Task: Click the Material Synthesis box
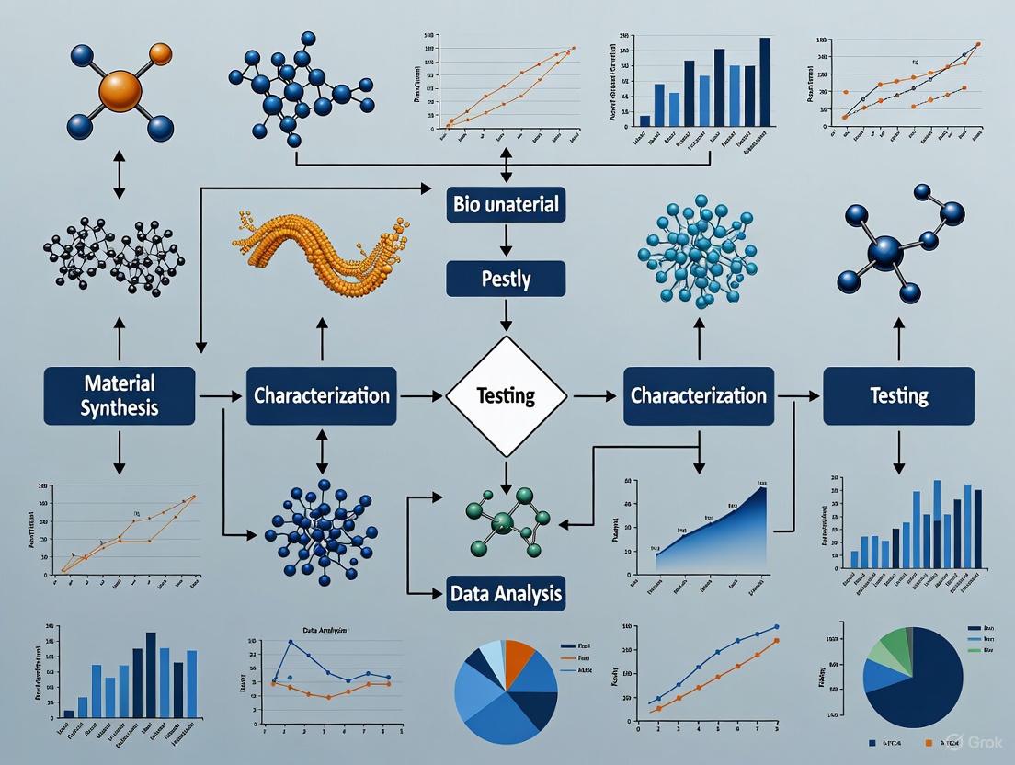(x=120, y=395)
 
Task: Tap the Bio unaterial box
(x=506, y=204)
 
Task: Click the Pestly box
(x=506, y=279)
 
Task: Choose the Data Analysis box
(x=506, y=594)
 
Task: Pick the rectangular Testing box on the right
(x=898, y=395)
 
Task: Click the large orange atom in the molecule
(x=119, y=91)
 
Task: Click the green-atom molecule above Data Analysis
(x=505, y=521)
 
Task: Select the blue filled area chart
(x=726, y=533)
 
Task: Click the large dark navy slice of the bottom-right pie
(x=919, y=690)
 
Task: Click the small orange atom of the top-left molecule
(x=160, y=54)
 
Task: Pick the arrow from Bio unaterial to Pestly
(x=506, y=241)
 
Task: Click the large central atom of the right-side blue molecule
(x=885, y=251)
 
